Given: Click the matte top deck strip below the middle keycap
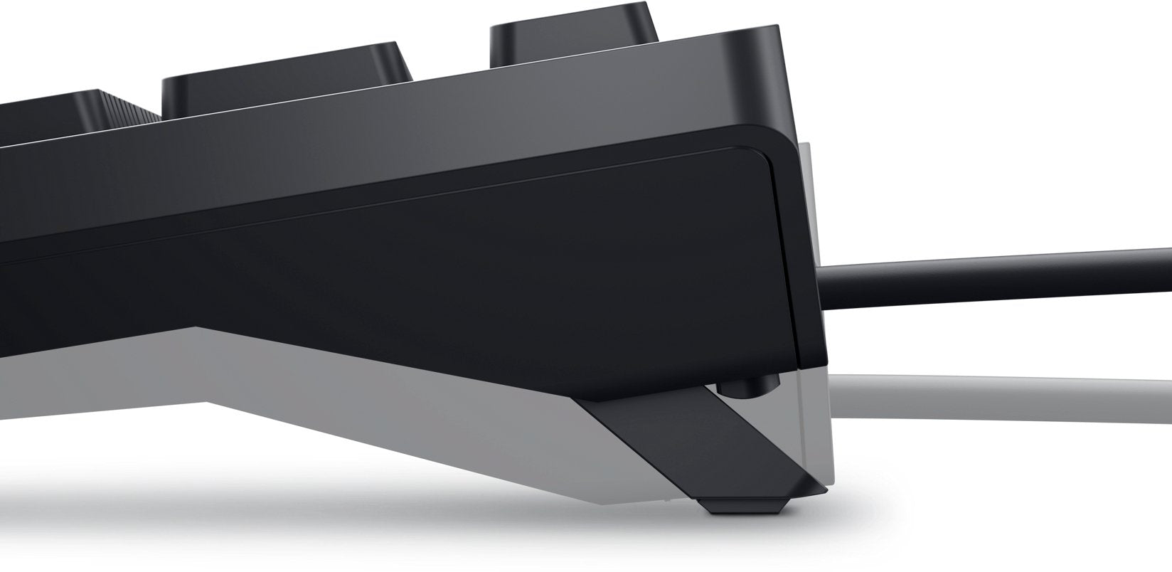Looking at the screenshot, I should pos(356,107).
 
